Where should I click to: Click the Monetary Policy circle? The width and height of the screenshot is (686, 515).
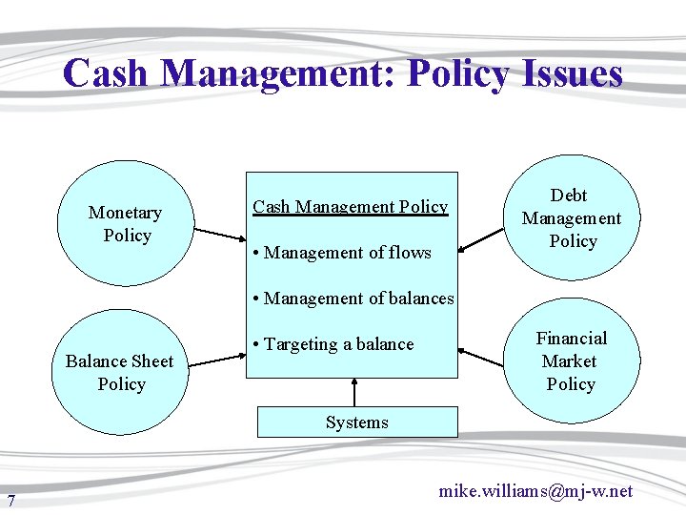click(124, 224)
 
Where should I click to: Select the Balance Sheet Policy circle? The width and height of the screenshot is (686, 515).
click(121, 372)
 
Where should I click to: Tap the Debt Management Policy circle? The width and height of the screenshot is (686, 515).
click(572, 218)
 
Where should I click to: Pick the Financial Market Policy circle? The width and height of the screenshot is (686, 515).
click(571, 361)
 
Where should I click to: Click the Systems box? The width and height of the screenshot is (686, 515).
click(356, 422)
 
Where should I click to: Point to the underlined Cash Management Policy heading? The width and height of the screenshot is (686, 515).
click(350, 207)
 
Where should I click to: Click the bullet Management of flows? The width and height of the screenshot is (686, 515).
click(342, 253)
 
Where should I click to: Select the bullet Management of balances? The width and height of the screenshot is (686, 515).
click(353, 299)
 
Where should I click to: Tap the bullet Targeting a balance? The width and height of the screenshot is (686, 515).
click(333, 344)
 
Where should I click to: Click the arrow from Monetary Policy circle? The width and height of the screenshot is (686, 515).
click(220, 236)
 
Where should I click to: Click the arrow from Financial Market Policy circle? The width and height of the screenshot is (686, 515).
click(482, 358)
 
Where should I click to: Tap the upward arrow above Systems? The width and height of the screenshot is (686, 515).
click(354, 392)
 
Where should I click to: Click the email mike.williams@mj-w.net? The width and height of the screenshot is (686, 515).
click(535, 491)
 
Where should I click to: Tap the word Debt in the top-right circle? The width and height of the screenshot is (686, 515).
click(569, 196)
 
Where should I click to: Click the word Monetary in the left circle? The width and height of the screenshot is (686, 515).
click(125, 213)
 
